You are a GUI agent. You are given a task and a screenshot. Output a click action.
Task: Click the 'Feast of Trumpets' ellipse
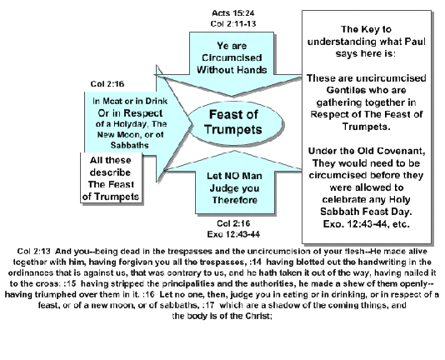235,123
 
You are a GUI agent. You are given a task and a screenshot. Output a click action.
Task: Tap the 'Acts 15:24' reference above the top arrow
233,13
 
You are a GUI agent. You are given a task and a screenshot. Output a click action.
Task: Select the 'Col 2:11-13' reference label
233,23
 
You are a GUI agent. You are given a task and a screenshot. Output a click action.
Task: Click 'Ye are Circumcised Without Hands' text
232,57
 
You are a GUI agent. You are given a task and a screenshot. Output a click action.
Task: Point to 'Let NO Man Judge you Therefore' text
234,188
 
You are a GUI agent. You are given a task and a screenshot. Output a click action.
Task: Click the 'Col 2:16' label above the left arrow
107,84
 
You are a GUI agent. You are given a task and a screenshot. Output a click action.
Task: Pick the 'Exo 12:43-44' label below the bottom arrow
233,234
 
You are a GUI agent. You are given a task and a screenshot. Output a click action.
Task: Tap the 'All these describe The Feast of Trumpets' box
112,178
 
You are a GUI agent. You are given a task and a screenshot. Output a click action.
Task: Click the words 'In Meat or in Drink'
130,101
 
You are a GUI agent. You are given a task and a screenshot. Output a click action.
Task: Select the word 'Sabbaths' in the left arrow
129,145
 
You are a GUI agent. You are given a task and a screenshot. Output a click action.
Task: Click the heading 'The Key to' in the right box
366,29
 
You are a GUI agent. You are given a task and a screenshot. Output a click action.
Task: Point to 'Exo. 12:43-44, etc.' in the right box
366,224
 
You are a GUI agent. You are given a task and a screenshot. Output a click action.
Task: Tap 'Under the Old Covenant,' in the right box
367,151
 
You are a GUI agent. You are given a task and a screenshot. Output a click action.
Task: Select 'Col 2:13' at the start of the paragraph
34,252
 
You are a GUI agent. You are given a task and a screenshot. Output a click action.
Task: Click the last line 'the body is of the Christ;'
222,316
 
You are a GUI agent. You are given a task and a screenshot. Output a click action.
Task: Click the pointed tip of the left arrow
193,124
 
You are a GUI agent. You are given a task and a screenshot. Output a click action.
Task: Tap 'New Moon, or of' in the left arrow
130,134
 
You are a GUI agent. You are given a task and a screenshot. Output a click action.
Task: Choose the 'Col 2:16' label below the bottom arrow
233,223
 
